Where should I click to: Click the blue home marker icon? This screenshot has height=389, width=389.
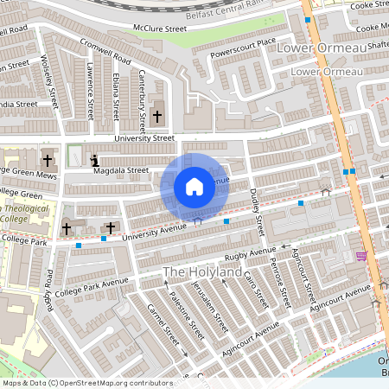click(x=194, y=187)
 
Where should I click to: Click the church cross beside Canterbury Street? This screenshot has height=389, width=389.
click(x=157, y=116)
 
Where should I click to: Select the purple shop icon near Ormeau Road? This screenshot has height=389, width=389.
click(x=360, y=256)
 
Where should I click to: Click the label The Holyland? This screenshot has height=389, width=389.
click(x=204, y=273)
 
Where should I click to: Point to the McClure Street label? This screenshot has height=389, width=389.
click(x=159, y=29)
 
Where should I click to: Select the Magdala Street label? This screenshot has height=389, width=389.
click(x=120, y=170)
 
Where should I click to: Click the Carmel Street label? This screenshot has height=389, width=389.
click(x=162, y=329)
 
